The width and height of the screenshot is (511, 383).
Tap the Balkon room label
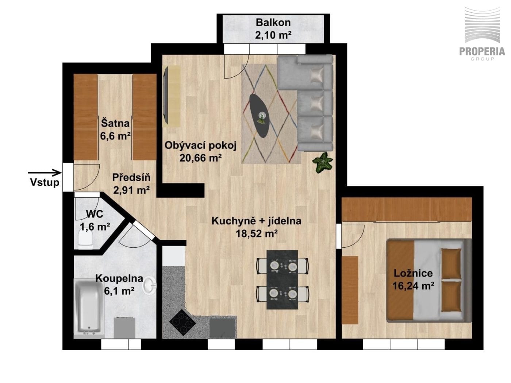coord(273,23)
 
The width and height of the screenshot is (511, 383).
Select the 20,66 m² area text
coord(200,158)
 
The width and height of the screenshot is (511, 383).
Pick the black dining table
coord(282,279)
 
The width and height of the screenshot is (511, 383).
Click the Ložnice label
coord(413,273)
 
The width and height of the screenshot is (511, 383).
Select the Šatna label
coord(115,123)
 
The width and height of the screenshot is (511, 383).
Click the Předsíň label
coord(131,177)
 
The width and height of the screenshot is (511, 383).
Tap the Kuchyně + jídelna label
coord(256,221)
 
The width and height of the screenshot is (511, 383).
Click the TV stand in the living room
coord(172,96)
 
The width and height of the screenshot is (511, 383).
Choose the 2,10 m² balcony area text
coord(273,35)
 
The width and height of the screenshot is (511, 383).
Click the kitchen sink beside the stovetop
coord(222,328)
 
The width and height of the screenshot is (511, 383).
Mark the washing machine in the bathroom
coord(124,328)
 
